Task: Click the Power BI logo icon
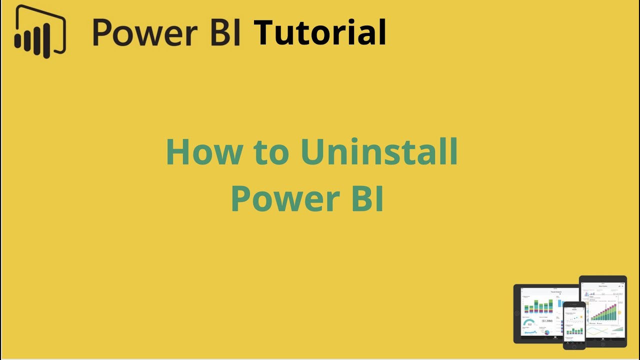[40, 31]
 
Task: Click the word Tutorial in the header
[320, 33]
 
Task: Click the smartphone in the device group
[574, 325]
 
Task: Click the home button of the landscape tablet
[517, 313]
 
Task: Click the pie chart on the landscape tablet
[547, 332]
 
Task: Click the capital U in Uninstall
[314, 152]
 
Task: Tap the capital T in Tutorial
[265, 33]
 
